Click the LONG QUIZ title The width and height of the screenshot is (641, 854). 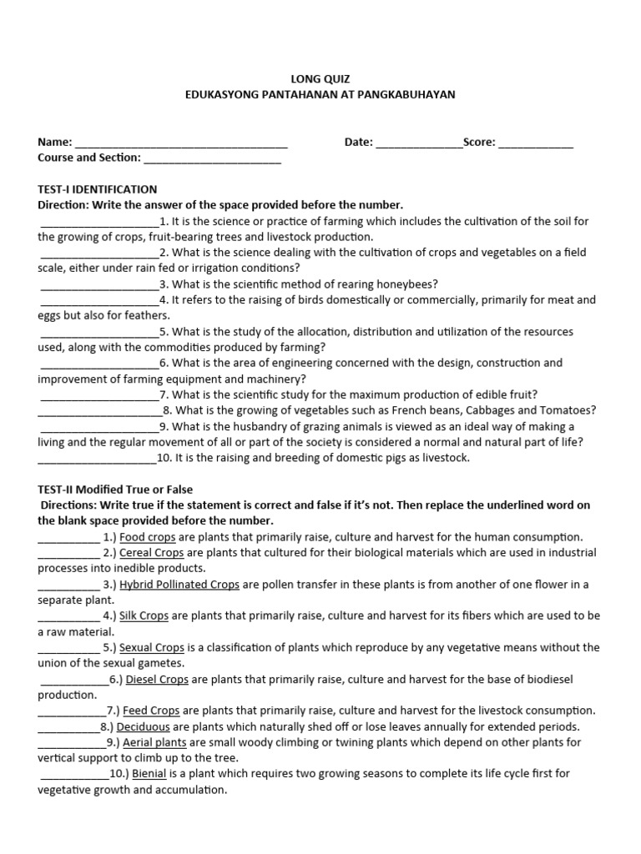320,78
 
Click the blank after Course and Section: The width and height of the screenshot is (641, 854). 213,159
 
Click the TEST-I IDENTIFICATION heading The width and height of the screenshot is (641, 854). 98,189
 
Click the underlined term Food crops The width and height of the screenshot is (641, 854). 147,537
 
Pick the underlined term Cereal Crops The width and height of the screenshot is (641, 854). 151,553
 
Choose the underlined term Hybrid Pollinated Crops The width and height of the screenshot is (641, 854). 179,585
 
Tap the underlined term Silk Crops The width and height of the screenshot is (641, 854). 144,616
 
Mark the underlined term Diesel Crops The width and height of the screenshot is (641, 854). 157,680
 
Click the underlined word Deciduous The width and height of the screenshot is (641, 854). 143,726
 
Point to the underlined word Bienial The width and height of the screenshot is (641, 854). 149,774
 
